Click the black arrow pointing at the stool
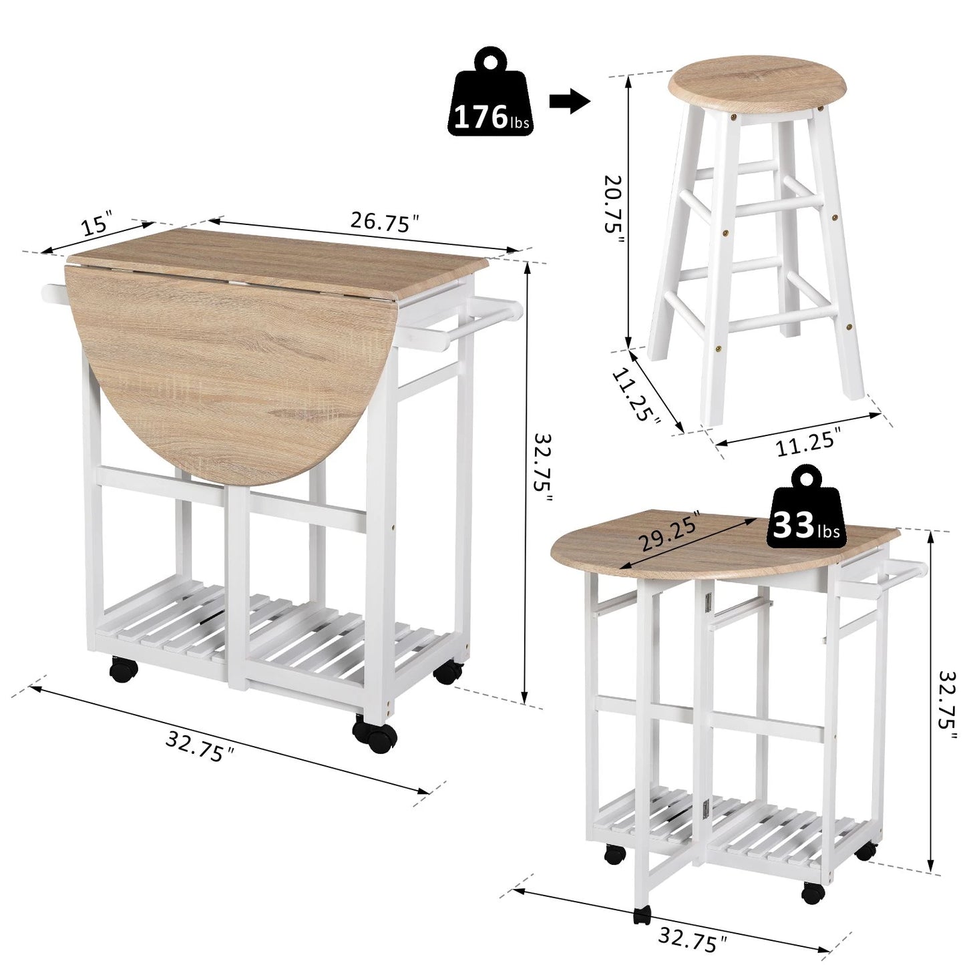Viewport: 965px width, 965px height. (569, 102)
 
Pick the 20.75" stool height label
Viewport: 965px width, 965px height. (613, 204)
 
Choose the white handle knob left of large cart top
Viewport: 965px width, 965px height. (52, 291)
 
